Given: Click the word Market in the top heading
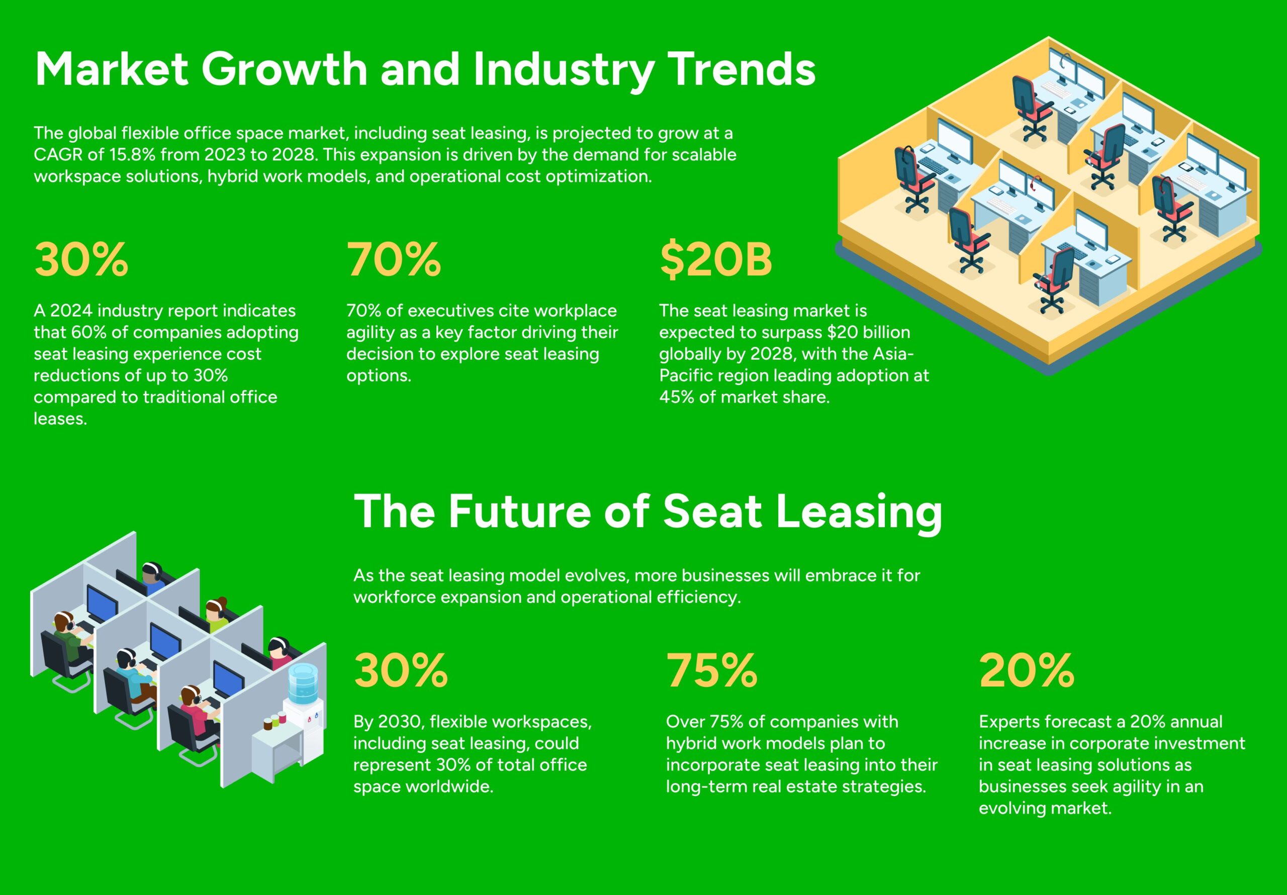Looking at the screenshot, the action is (112, 69).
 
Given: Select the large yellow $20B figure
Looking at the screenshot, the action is (716, 259).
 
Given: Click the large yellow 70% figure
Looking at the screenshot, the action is (394, 259).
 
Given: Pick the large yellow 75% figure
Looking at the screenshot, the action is (712, 670).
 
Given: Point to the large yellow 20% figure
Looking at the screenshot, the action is (1027, 670).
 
